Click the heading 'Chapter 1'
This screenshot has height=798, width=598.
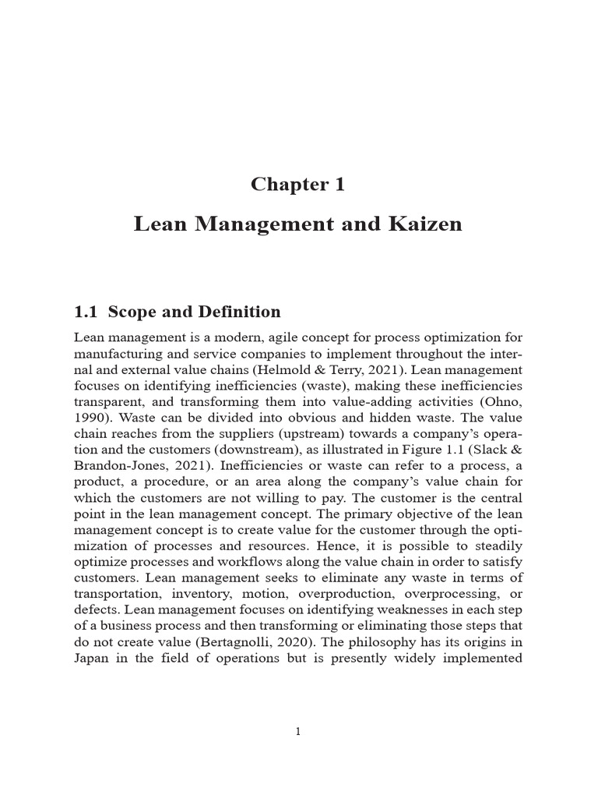pyautogui.click(x=297, y=185)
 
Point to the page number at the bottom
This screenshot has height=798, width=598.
pyautogui.click(x=298, y=731)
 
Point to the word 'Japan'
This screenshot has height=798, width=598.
pyautogui.click(x=93, y=657)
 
